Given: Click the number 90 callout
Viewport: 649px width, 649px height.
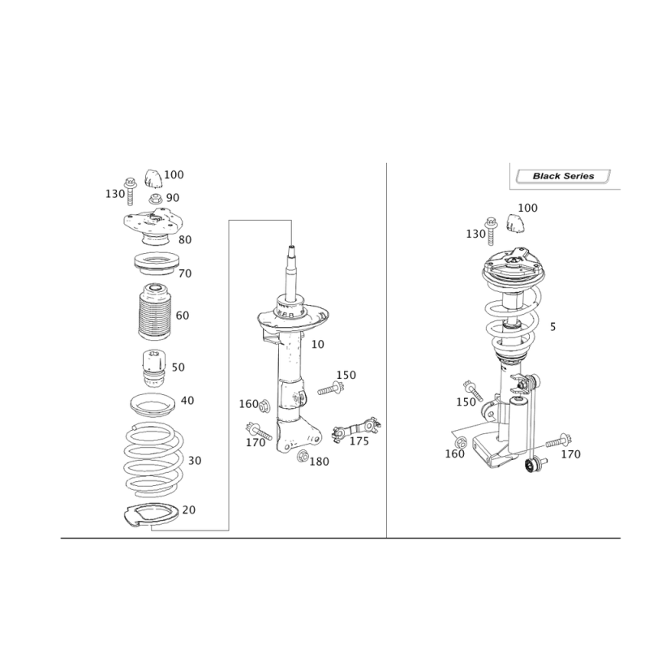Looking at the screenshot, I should (x=173, y=197).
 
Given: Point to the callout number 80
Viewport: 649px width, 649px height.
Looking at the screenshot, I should (x=185, y=240).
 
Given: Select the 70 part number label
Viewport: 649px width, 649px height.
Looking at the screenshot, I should (x=184, y=274).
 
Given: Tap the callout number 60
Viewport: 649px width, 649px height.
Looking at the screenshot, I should (x=183, y=316).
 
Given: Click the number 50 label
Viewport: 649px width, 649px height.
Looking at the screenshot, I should (x=178, y=367).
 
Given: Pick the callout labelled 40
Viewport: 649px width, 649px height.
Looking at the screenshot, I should (x=187, y=401).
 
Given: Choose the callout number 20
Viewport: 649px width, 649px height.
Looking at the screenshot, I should (x=189, y=509).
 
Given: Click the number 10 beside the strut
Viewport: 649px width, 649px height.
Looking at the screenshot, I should (x=318, y=345).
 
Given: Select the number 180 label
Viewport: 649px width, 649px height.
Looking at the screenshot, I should (x=320, y=462).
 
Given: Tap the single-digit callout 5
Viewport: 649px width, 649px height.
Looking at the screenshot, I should (x=552, y=328).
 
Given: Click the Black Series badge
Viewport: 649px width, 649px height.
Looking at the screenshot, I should (x=562, y=176).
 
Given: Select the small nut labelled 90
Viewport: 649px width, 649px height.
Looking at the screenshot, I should (x=153, y=200).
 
